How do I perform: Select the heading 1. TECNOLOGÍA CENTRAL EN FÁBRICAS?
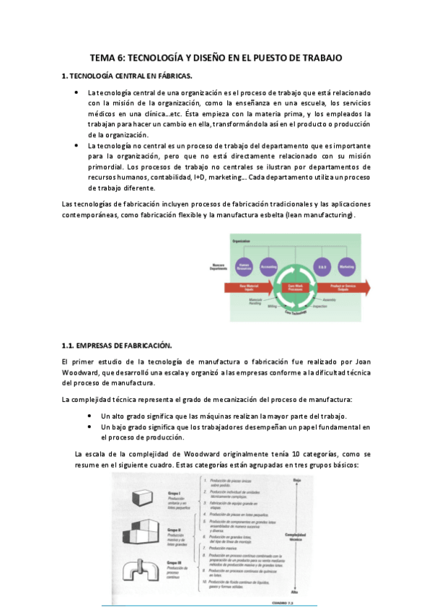pyautogui.click(x=128, y=76)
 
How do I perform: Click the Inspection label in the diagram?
pyautogui.click(x=321, y=306)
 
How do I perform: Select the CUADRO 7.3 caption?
pyautogui.click(x=296, y=603)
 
